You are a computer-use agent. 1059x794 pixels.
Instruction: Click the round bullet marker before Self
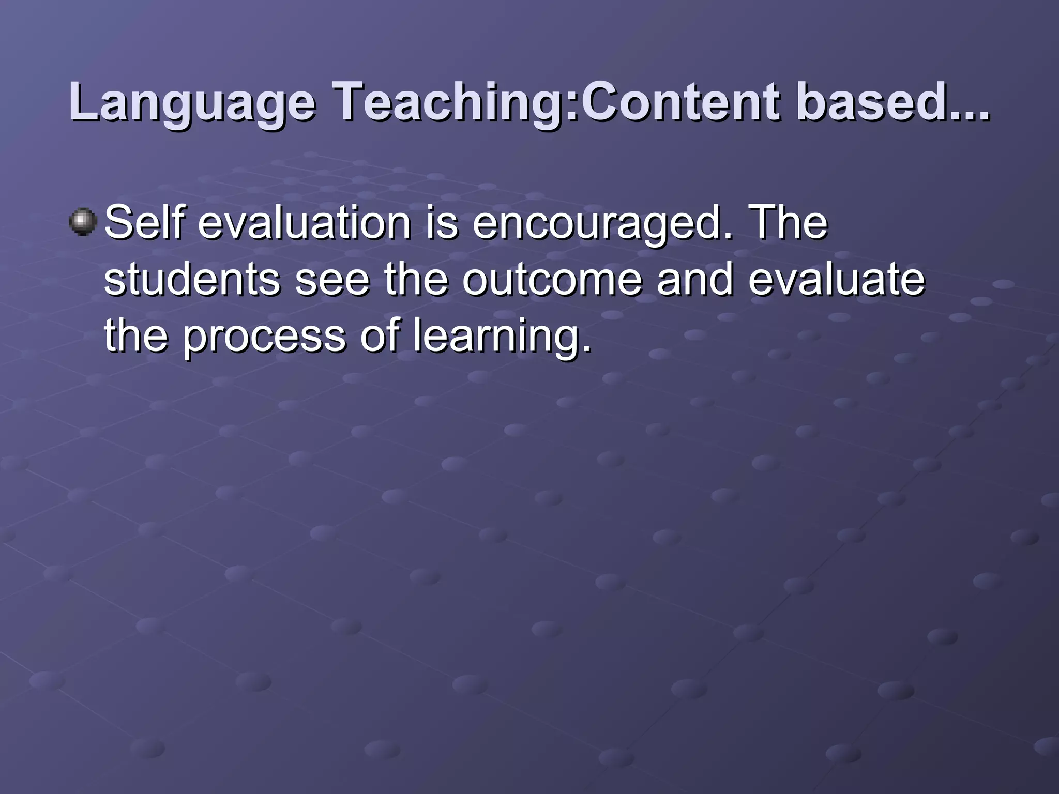coord(83,222)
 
